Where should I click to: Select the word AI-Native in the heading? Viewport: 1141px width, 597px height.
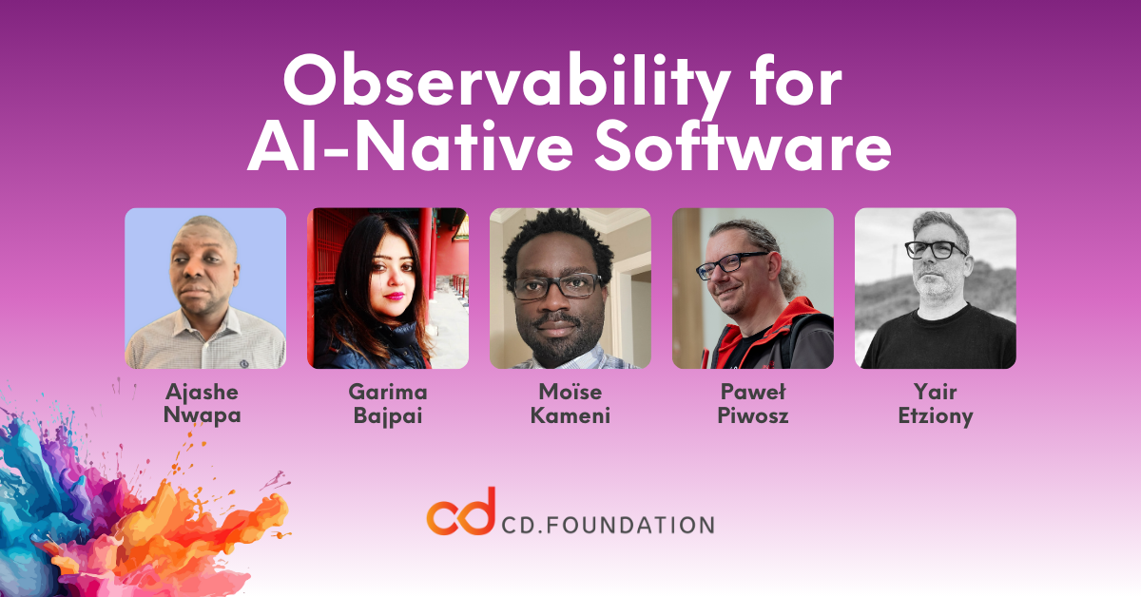(410, 145)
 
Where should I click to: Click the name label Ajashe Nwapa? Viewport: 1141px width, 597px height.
(203, 403)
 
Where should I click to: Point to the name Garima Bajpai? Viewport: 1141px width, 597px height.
(388, 404)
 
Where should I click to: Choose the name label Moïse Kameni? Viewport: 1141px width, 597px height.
(570, 403)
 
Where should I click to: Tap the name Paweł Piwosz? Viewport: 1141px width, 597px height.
(753, 403)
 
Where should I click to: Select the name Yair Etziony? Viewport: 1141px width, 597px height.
(936, 404)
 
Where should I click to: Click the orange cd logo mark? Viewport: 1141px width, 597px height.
(461, 512)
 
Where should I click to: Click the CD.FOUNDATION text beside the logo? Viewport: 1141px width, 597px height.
(608, 525)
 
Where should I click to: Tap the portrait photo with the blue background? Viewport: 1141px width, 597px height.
(205, 288)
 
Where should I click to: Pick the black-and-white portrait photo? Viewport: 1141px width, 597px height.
(936, 288)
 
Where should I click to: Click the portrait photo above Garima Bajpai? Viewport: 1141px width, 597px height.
(388, 288)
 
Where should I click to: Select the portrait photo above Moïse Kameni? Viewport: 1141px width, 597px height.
(570, 288)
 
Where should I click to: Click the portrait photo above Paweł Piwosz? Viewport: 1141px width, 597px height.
(753, 288)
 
